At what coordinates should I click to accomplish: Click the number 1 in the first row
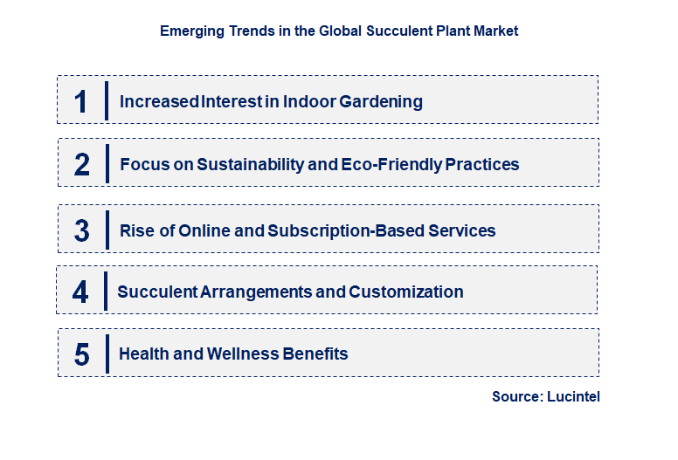click(81, 101)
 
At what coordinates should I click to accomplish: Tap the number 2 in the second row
click(81, 164)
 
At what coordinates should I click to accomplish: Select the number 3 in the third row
click(81, 230)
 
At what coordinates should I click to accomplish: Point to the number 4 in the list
click(80, 292)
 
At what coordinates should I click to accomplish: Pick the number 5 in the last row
click(81, 354)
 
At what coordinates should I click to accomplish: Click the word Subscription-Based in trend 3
click(347, 230)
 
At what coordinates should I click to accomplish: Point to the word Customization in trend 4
click(406, 292)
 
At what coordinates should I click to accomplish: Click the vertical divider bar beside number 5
click(107, 353)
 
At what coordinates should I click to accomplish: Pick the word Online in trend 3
click(205, 230)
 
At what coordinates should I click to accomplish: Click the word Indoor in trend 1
click(306, 102)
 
